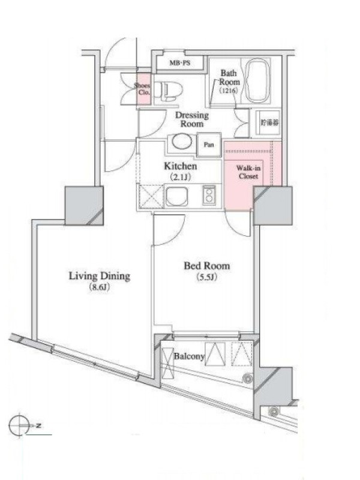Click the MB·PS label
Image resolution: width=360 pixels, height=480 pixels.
179,63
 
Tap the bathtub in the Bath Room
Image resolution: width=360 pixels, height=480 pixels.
258,80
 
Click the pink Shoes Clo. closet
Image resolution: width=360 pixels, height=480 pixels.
143,89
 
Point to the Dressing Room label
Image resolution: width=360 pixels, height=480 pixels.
192,119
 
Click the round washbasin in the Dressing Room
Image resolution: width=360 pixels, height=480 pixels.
182,142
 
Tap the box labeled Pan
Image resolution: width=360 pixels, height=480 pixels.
209,145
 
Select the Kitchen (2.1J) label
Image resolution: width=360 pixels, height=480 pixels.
181,171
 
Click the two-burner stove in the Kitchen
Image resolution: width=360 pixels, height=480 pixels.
209,194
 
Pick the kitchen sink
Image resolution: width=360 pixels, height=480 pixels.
177,196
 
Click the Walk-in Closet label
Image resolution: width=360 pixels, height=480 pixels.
248,172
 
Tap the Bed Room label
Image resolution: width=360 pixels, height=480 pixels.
207,266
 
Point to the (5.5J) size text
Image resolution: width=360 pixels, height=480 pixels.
206,277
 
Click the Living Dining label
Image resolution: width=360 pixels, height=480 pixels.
100,276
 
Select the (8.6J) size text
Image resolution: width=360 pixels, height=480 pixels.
99,288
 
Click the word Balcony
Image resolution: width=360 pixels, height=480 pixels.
189,356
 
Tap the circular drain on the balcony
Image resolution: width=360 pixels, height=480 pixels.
247,379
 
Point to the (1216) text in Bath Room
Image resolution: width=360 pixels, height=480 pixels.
229,91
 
